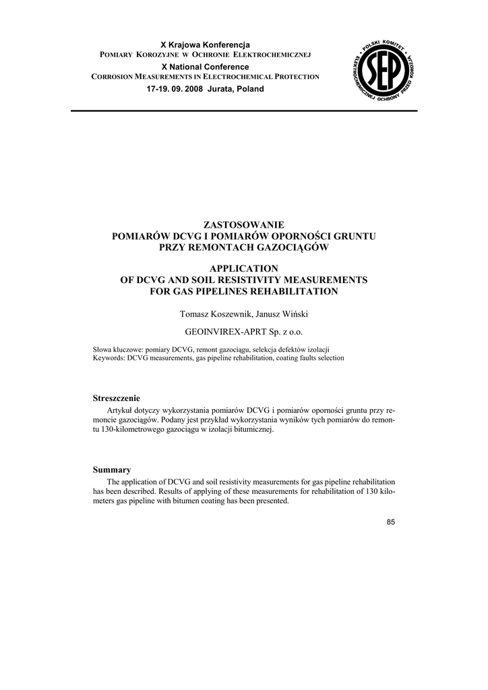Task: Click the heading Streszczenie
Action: click(x=117, y=398)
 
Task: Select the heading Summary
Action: click(x=111, y=470)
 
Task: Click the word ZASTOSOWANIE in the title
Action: click(x=243, y=225)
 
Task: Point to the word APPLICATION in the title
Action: click(x=243, y=268)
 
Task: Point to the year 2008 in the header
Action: click(x=194, y=89)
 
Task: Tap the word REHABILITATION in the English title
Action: click(x=295, y=291)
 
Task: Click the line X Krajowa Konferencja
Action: click(x=204, y=44)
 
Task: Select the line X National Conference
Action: click(x=205, y=67)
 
